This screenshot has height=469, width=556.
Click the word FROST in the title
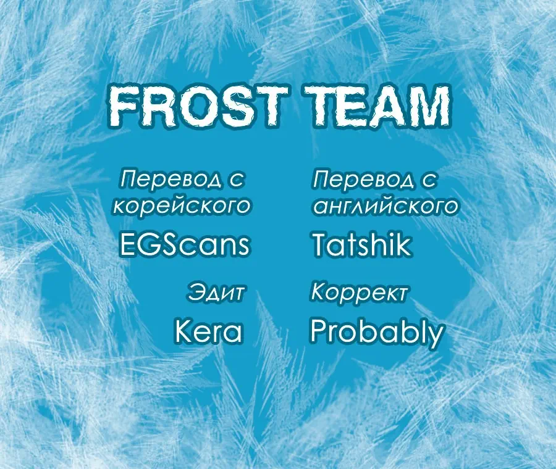coord(197,106)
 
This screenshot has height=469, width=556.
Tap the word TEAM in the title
coord(377,106)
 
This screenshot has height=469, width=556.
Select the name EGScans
coord(183,244)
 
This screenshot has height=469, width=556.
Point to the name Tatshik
coord(361,244)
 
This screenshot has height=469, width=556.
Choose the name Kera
coord(209,331)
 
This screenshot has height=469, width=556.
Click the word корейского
coord(182,205)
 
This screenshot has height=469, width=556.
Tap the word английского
coord(385,205)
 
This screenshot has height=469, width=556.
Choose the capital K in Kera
coord(184,331)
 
